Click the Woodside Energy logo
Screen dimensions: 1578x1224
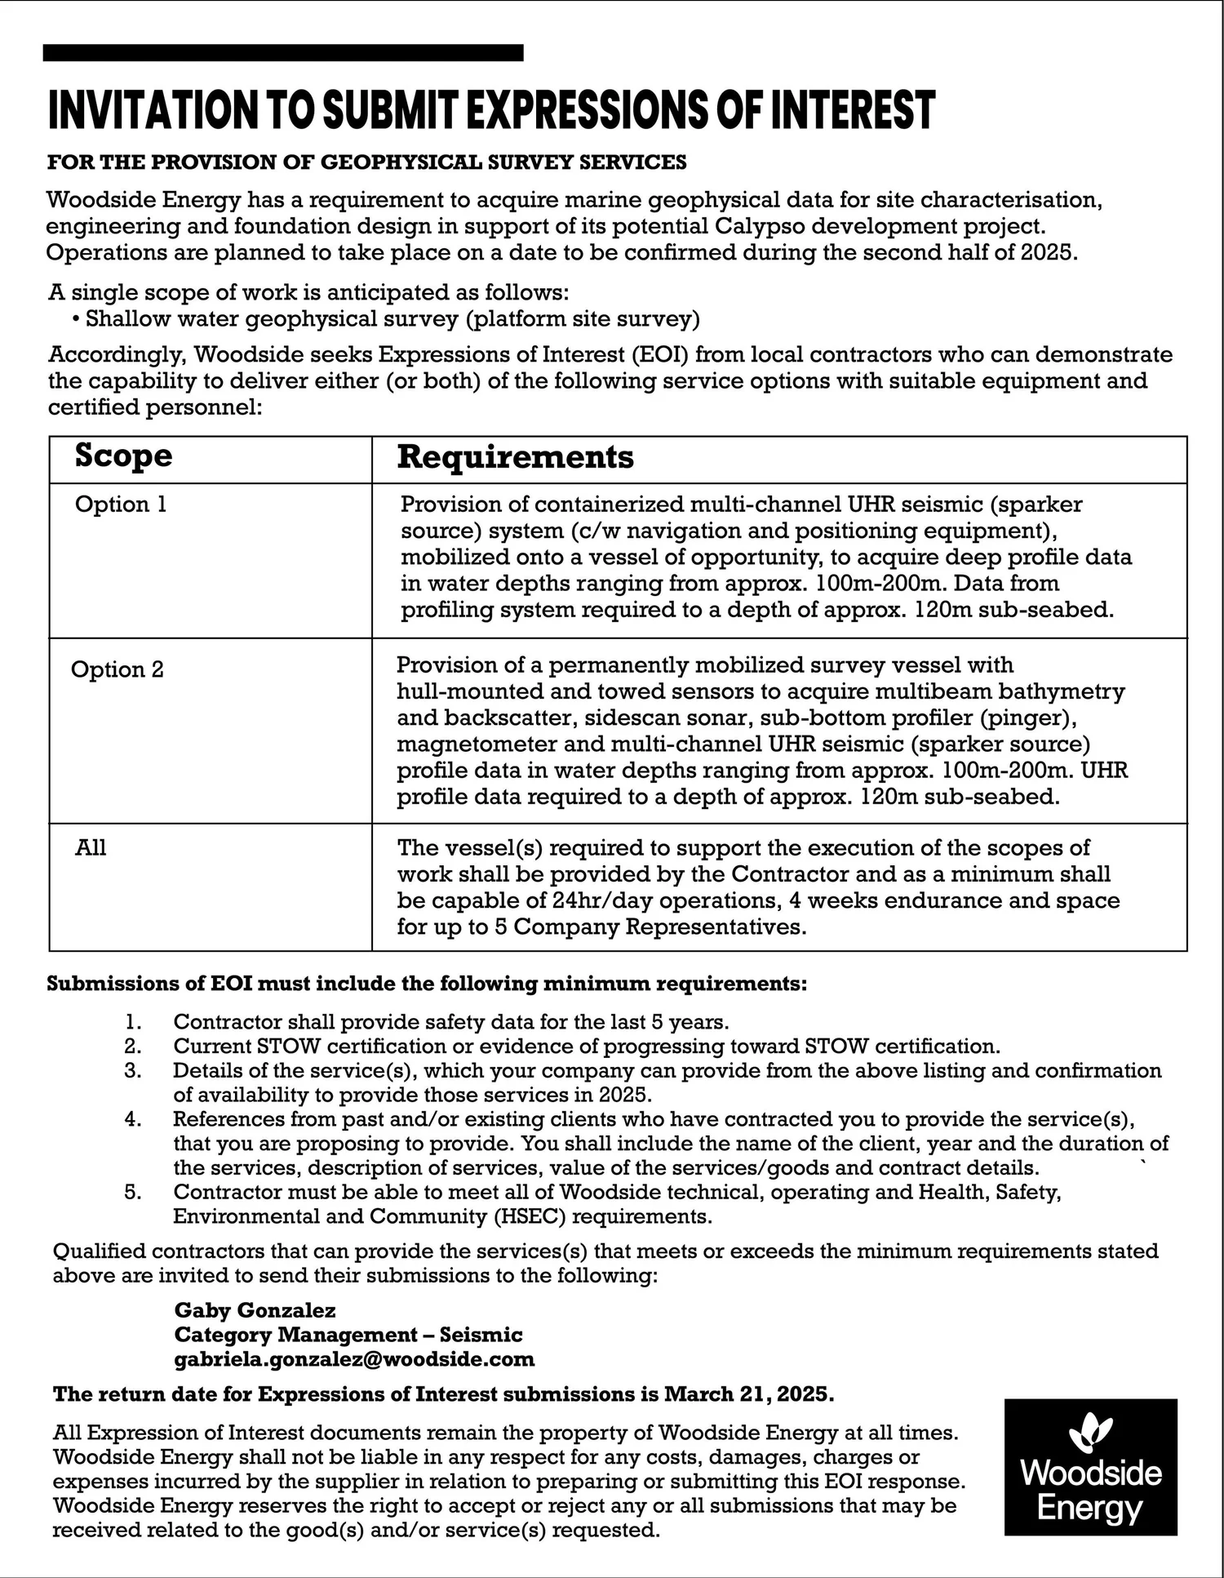(x=1090, y=1467)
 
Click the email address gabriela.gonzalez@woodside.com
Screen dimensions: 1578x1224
(x=354, y=1359)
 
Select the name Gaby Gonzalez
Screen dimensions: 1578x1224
(x=255, y=1310)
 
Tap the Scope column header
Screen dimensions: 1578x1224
(x=123, y=456)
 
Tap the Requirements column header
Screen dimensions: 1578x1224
(x=515, y=457)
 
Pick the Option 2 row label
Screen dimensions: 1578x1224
(x=118, y=669)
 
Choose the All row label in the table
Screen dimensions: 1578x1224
(x=91, y=848)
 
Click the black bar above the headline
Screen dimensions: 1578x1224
(x=283, y=53)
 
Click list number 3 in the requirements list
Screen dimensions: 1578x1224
(x=133, y=1070)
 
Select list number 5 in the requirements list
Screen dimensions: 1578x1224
(x=133, y=1192)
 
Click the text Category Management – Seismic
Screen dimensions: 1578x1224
(x=348, y=1335)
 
